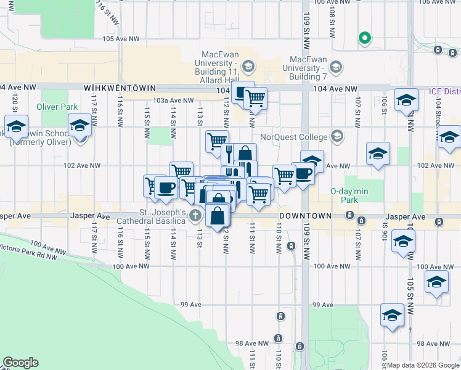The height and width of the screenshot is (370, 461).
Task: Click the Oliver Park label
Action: point(57,107)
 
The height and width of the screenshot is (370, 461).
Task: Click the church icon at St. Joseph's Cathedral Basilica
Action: point(195,215)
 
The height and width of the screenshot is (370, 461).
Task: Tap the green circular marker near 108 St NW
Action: point(364,38)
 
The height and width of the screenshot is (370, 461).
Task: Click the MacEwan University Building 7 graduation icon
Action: point(336,66)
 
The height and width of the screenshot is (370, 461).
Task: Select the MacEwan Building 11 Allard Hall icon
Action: point(248,66)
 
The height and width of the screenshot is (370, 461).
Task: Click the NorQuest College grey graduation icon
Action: point(337,136)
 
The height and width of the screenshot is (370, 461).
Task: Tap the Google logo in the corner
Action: point(20,363)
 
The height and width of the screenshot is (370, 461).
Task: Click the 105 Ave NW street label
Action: point(118,38)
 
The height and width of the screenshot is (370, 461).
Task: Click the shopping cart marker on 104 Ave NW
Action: point(255,97)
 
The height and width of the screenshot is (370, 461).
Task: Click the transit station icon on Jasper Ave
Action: point(349,215)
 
